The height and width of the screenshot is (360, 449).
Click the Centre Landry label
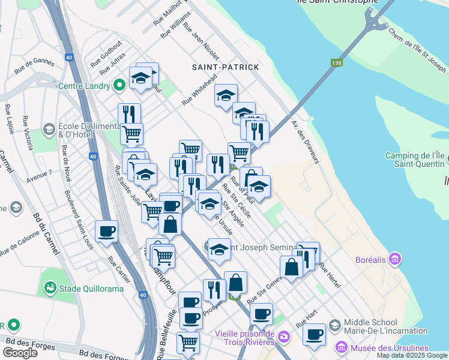pos(84,86)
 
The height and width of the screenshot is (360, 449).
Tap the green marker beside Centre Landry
pos(119,86)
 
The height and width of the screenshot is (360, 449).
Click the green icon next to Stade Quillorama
pos(49,289)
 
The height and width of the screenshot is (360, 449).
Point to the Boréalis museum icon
pos(394,259)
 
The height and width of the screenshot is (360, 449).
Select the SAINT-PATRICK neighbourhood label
pos(225,67)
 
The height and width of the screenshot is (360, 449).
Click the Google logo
pos(20,353)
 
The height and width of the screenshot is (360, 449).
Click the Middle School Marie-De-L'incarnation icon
pos(335,325)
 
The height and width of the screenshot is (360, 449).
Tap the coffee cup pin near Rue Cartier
pos(106,231)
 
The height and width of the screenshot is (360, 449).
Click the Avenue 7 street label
pos(40,174)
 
